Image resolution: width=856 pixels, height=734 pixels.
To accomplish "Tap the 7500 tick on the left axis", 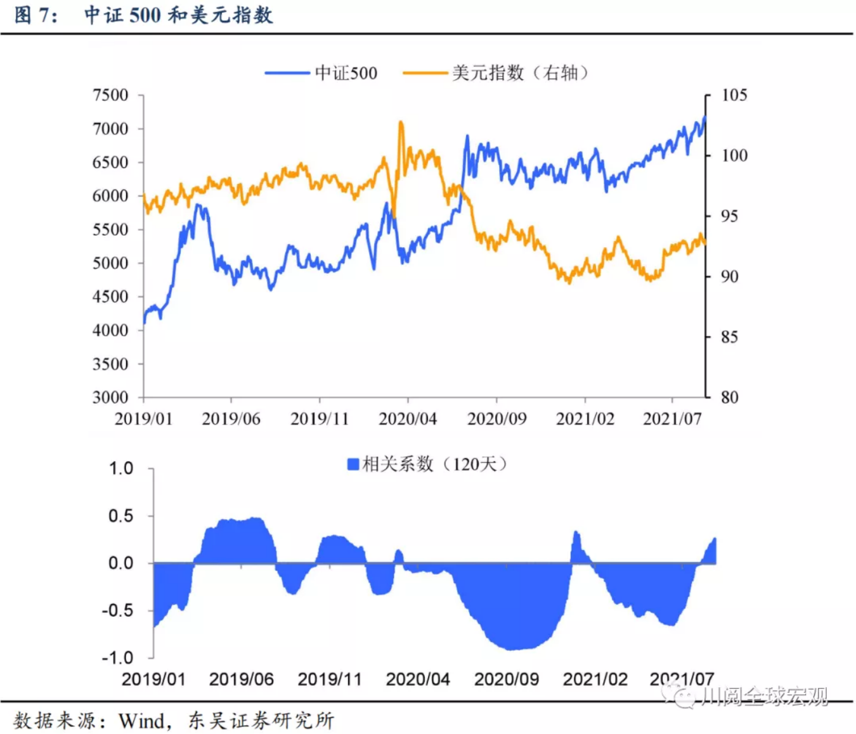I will [110, 95].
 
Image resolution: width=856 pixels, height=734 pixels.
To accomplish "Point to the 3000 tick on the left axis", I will [110, 397].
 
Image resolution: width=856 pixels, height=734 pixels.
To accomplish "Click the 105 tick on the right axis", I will [734, 95].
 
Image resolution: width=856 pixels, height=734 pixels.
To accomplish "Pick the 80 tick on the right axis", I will [729, 397].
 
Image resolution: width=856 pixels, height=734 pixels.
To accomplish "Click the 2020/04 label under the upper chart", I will [408, 419].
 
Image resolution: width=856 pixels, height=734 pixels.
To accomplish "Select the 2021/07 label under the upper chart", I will [672, 419].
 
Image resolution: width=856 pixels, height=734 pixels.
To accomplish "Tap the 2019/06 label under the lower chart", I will [241, 679].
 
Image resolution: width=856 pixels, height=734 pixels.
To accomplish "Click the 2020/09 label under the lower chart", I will [506, 679].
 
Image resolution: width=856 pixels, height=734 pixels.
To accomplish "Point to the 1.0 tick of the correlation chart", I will [120, 468].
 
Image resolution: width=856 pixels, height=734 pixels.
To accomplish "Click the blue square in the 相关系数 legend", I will [353, 465].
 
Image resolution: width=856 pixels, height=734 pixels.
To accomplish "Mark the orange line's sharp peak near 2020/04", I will [401, 122].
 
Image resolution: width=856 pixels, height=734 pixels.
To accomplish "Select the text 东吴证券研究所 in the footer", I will [261, 721].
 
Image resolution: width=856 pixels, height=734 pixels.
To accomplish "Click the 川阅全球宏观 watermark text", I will [764, 697].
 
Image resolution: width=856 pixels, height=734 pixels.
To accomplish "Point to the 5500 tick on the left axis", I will [110, 229].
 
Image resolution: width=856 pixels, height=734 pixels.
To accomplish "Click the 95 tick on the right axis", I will [729, 216].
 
